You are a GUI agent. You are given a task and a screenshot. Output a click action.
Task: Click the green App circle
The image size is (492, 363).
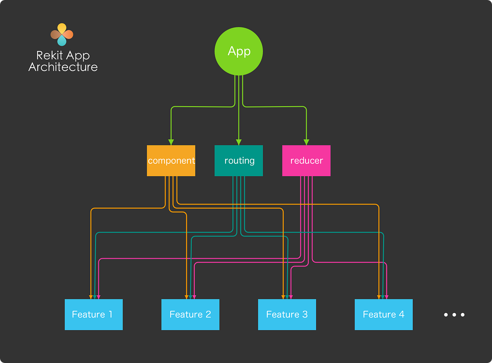pos(239,51)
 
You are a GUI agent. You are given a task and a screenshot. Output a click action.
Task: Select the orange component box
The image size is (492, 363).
pos(171,161)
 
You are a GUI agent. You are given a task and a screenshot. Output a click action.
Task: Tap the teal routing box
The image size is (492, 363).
pos(239,161)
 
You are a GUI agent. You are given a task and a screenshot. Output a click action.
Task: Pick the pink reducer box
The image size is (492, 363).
pos(306,161)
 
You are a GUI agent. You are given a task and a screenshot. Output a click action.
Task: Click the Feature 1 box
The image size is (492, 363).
pos(93,315)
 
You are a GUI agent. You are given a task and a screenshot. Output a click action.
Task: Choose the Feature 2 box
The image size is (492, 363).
pos(190,315)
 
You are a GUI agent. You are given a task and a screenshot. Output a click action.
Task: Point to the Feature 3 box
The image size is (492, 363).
pos(287,315)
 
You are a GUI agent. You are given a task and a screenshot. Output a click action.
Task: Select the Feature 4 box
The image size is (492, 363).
pos(383,315)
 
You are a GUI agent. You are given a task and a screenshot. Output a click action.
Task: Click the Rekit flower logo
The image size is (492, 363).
pos(61,34)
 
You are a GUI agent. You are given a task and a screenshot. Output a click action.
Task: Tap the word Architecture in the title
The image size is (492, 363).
pos(63,67)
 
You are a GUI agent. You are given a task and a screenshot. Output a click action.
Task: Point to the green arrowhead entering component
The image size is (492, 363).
pos(171,142)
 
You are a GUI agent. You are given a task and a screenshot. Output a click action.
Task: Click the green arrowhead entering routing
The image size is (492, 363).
pos(239,142)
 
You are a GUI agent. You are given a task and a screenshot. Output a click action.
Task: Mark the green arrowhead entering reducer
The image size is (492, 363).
pos(306,142)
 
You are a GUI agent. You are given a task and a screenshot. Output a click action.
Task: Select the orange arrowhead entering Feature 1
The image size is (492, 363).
pos(91,296)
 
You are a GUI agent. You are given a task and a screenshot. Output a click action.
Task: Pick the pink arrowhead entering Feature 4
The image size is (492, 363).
pos(387,296)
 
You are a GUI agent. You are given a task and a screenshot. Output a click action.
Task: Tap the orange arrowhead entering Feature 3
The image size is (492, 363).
pos(283,296)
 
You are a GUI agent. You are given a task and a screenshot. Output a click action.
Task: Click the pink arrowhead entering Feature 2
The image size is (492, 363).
pos(194,296)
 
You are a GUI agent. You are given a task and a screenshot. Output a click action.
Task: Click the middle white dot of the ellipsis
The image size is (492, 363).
pos(454,315)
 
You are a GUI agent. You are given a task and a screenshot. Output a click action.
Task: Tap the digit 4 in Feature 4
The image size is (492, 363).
pos(401,315)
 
